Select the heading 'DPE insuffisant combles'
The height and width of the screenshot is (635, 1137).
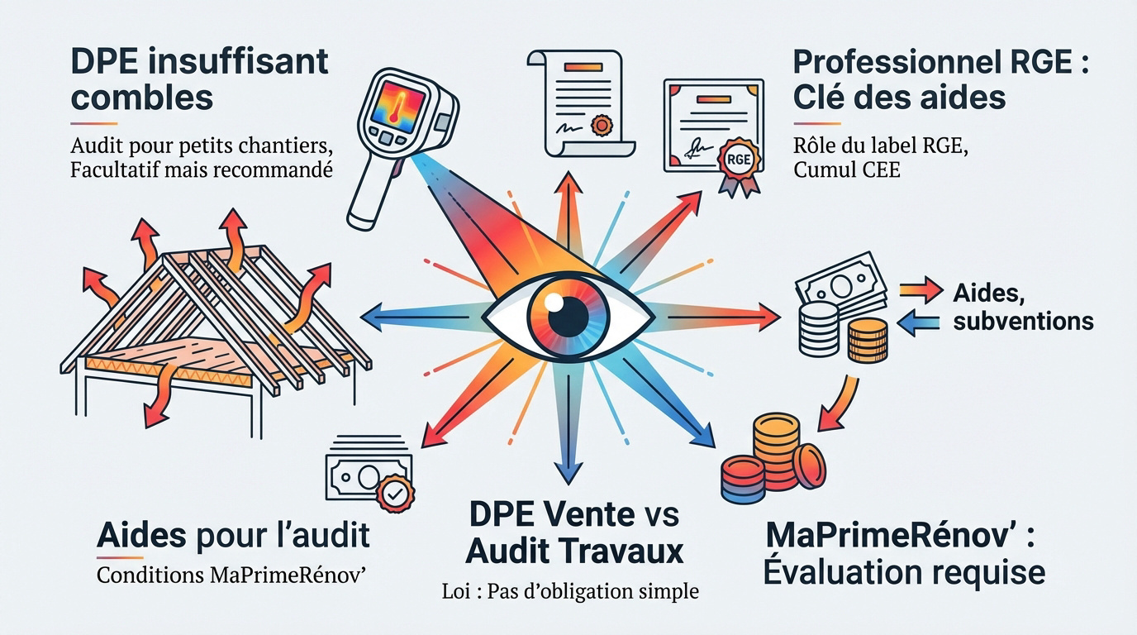[199, 79]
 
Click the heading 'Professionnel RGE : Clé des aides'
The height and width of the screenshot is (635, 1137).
[940, 79]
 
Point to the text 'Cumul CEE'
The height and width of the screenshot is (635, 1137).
[847, 170]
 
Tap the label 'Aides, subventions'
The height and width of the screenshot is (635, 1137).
[1023, 307]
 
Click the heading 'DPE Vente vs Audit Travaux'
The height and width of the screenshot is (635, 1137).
[574, 533]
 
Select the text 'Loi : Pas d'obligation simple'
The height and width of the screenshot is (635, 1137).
[570, 591]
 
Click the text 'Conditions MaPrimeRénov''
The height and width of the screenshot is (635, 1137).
[231, 575]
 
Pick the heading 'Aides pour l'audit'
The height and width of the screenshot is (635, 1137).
[233, 535]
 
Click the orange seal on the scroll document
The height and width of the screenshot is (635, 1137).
[602, 125]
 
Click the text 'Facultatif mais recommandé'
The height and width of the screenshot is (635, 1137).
[202, 169]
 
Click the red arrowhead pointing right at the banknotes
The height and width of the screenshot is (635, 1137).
[768, 317]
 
